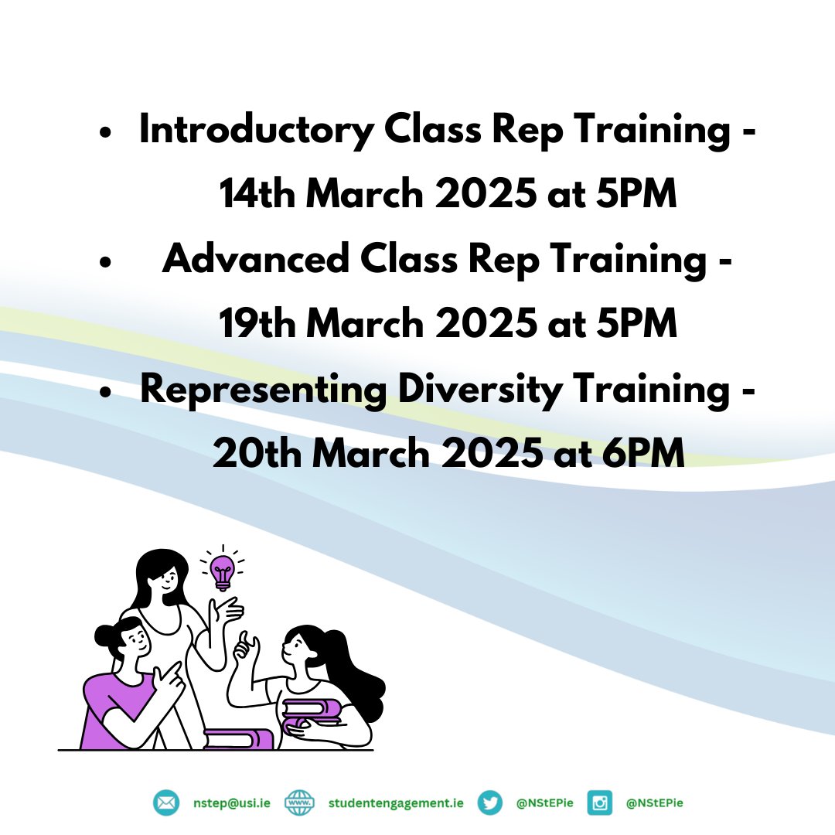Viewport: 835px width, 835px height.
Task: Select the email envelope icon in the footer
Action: (x=165, y=803)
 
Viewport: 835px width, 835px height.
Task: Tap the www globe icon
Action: (x=299, y=803)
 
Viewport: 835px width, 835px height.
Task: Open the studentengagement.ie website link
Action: (x=396, y=803)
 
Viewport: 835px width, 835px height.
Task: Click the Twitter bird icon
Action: (x=490, y=803)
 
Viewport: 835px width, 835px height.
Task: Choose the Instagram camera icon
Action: (x=600, y=803)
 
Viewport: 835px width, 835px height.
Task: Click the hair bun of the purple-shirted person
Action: (x=106, y=636)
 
